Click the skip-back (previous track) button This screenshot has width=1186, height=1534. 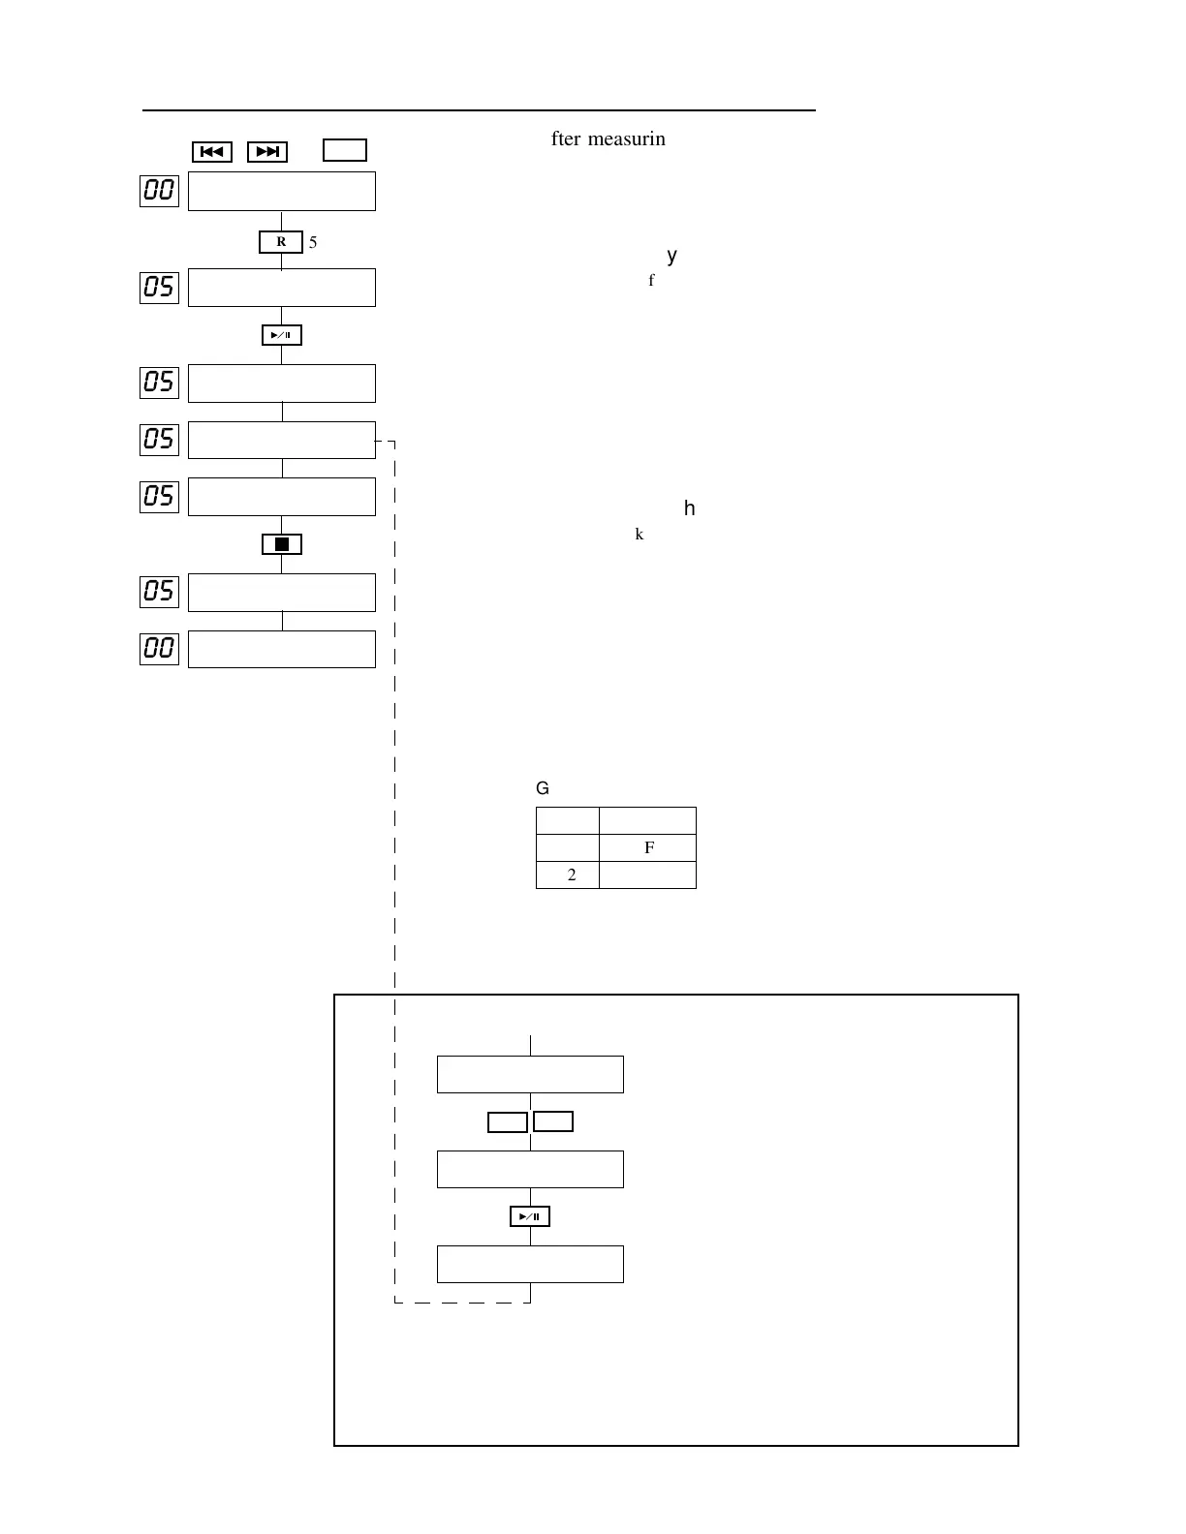(212, 152)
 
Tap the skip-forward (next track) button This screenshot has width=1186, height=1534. (267, 152)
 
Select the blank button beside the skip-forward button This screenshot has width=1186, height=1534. (344, 150)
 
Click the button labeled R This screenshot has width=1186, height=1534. (281, 242)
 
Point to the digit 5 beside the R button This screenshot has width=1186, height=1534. (313, 243)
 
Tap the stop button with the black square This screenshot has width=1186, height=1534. (282, 544)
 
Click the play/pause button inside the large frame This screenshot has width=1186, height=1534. (530, 1216)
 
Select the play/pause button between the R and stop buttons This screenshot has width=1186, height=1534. (282, 335)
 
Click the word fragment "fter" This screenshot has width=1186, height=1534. (566, 139)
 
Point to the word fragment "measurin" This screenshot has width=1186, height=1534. (627, 139)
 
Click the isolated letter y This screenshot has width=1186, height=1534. (672, 257)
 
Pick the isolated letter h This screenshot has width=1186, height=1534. (690, 508)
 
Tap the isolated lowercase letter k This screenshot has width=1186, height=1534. (640, 535)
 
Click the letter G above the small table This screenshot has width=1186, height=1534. (543, 789)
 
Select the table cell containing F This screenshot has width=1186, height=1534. (648, 848)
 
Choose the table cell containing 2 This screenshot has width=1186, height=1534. (568, 875)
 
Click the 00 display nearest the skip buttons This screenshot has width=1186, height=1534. (159, 191)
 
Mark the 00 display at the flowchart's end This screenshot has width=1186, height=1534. (159, 648)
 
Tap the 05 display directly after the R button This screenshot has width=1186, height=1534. (159, 287)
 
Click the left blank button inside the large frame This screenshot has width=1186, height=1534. (507, 1121)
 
